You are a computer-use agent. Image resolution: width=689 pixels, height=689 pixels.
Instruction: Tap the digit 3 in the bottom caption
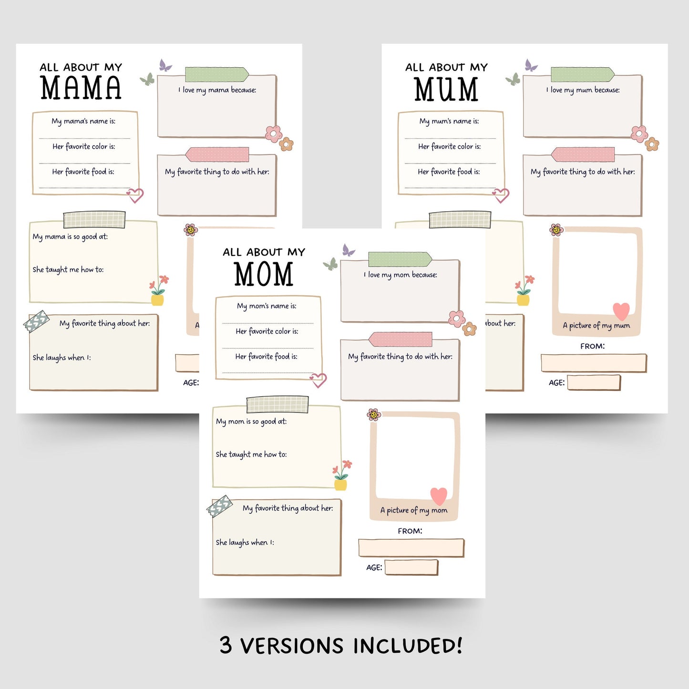coord(226,645)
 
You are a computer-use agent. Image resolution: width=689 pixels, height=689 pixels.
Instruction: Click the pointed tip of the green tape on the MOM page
coord(432,259)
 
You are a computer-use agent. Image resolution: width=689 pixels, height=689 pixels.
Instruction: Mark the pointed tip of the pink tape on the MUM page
coord(551,154)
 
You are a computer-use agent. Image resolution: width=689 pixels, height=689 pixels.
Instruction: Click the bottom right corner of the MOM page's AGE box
coord(437,574)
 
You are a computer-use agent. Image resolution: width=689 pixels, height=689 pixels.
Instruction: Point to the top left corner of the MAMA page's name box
coord(33,113)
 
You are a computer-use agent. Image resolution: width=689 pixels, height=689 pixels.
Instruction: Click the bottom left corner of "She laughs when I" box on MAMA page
coord(30,390)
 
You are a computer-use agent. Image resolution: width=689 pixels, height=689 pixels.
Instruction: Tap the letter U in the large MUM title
coord(446,89)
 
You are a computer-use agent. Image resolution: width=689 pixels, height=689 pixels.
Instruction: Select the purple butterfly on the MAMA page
coord(165,65)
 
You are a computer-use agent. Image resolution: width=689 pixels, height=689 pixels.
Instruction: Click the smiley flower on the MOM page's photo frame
coord(374,414)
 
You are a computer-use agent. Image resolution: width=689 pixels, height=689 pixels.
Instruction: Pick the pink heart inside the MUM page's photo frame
coord(621,311)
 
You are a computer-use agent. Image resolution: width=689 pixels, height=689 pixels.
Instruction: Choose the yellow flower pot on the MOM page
coord(340,484)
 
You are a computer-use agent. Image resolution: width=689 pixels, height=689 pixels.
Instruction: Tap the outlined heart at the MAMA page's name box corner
coord(135,195)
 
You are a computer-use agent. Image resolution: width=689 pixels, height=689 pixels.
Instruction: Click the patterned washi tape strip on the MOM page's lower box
coord(219,505)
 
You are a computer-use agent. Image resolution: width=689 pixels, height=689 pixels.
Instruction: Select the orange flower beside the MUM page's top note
coord(652,144)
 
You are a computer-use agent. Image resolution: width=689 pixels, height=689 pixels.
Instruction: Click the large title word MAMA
coord(81,88)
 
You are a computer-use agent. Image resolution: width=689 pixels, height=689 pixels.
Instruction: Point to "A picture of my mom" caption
coord(414,510)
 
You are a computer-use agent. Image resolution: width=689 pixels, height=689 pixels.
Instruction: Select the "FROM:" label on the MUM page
coord(593,346)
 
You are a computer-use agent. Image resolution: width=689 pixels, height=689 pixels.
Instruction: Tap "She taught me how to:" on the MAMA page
coord(68,269)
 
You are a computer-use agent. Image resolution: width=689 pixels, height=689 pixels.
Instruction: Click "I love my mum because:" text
coord(583,90)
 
